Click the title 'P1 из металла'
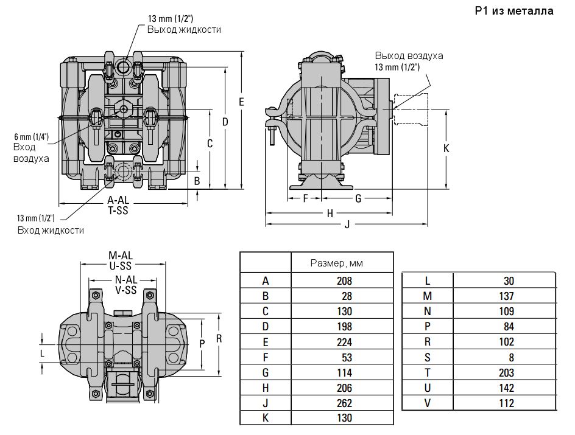point(514,11)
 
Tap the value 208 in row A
point(344,281)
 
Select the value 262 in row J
point(344,403)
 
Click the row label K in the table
point(266,419)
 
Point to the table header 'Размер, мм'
point(336,263)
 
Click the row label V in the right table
point(428,403)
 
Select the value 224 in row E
point(344,342)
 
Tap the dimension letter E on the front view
point(241,102)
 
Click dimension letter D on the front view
point(225,122)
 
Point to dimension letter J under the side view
point(347,224)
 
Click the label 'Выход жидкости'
point(184,29)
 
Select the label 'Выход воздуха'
point(409,55)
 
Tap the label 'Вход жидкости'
point(51,230)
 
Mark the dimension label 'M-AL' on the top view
point(121,255)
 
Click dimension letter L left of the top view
point(42,353)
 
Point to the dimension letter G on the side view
point(358,198)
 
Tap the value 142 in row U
point(506,388)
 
